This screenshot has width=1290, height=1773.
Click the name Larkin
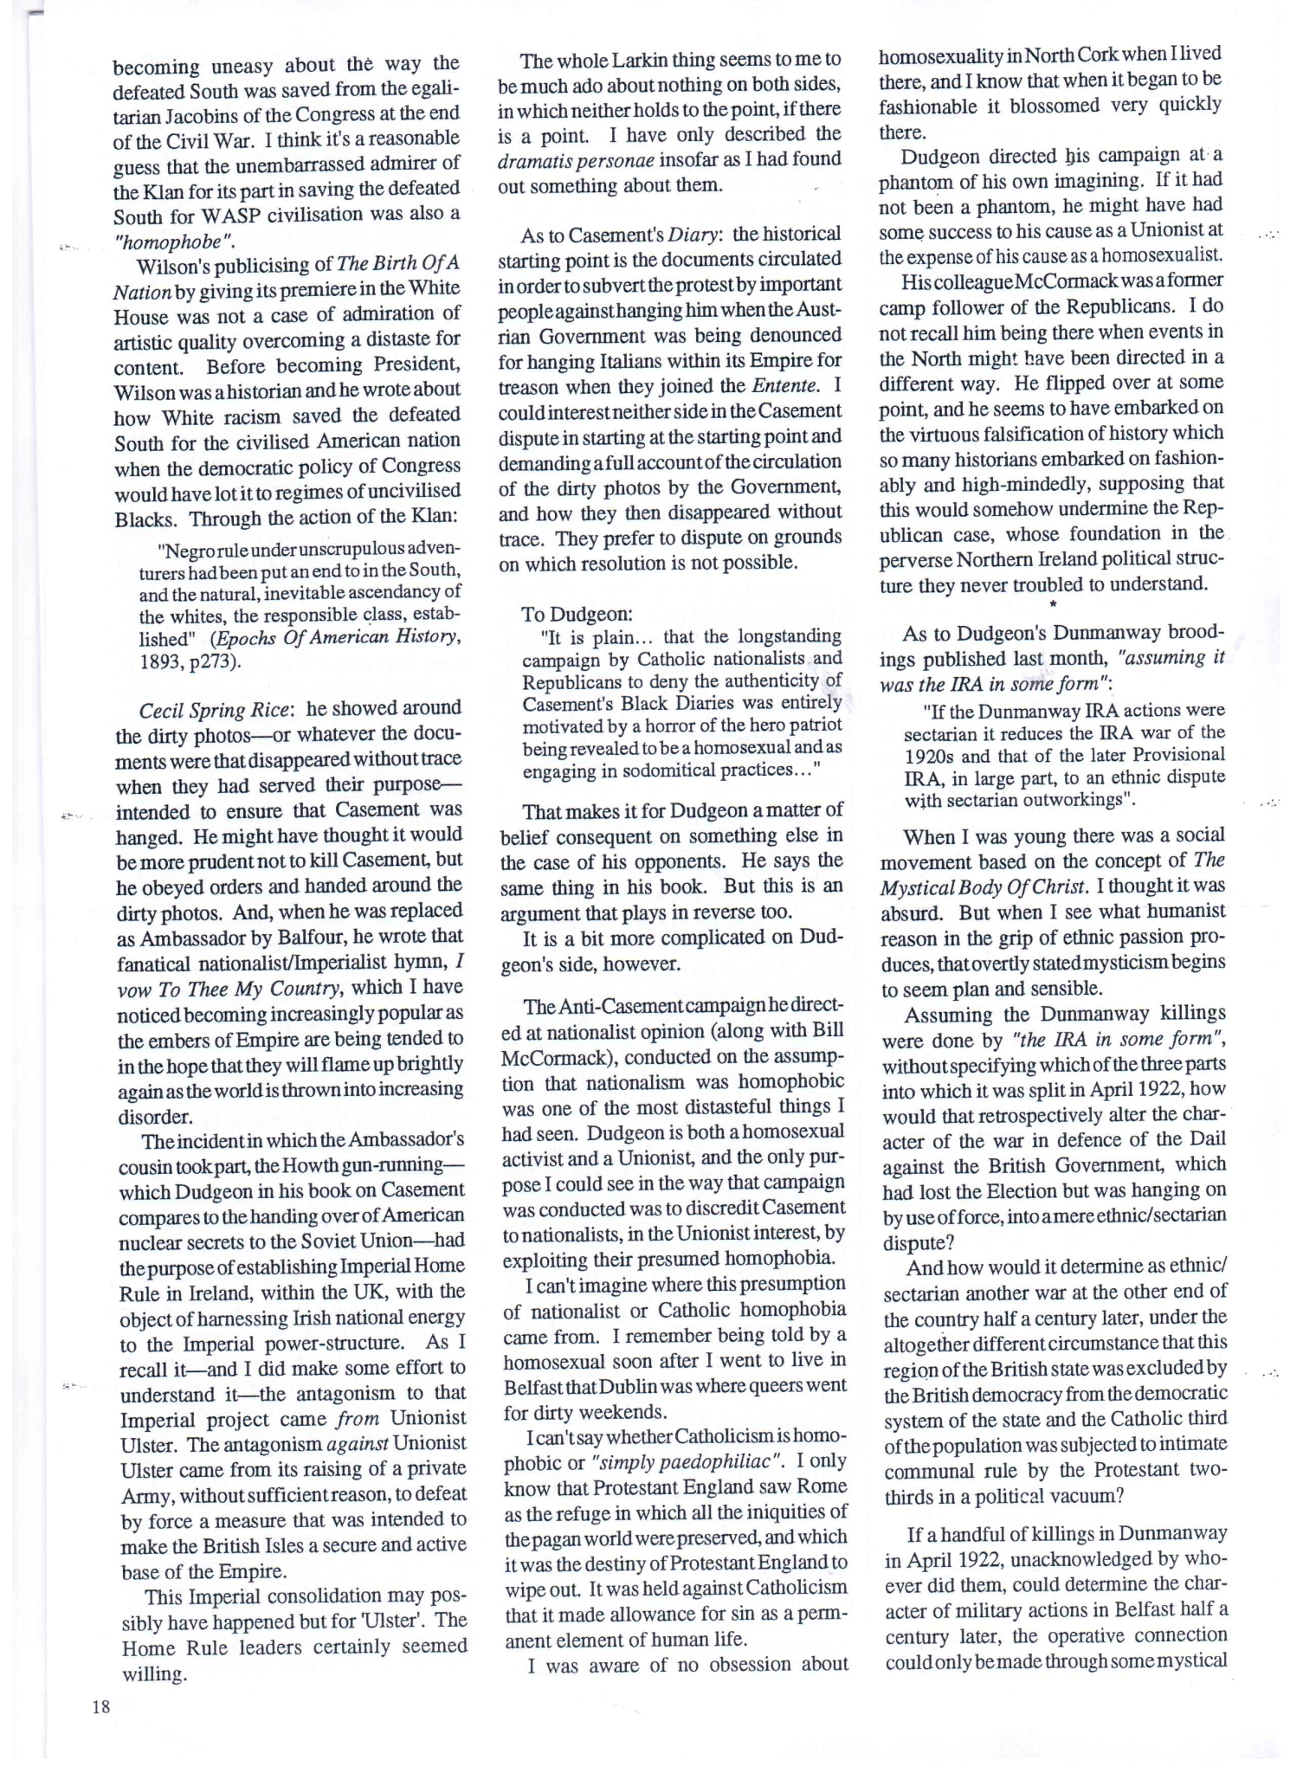[x=624, y=60]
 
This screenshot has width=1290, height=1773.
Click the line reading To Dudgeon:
[x=576, y=614]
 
